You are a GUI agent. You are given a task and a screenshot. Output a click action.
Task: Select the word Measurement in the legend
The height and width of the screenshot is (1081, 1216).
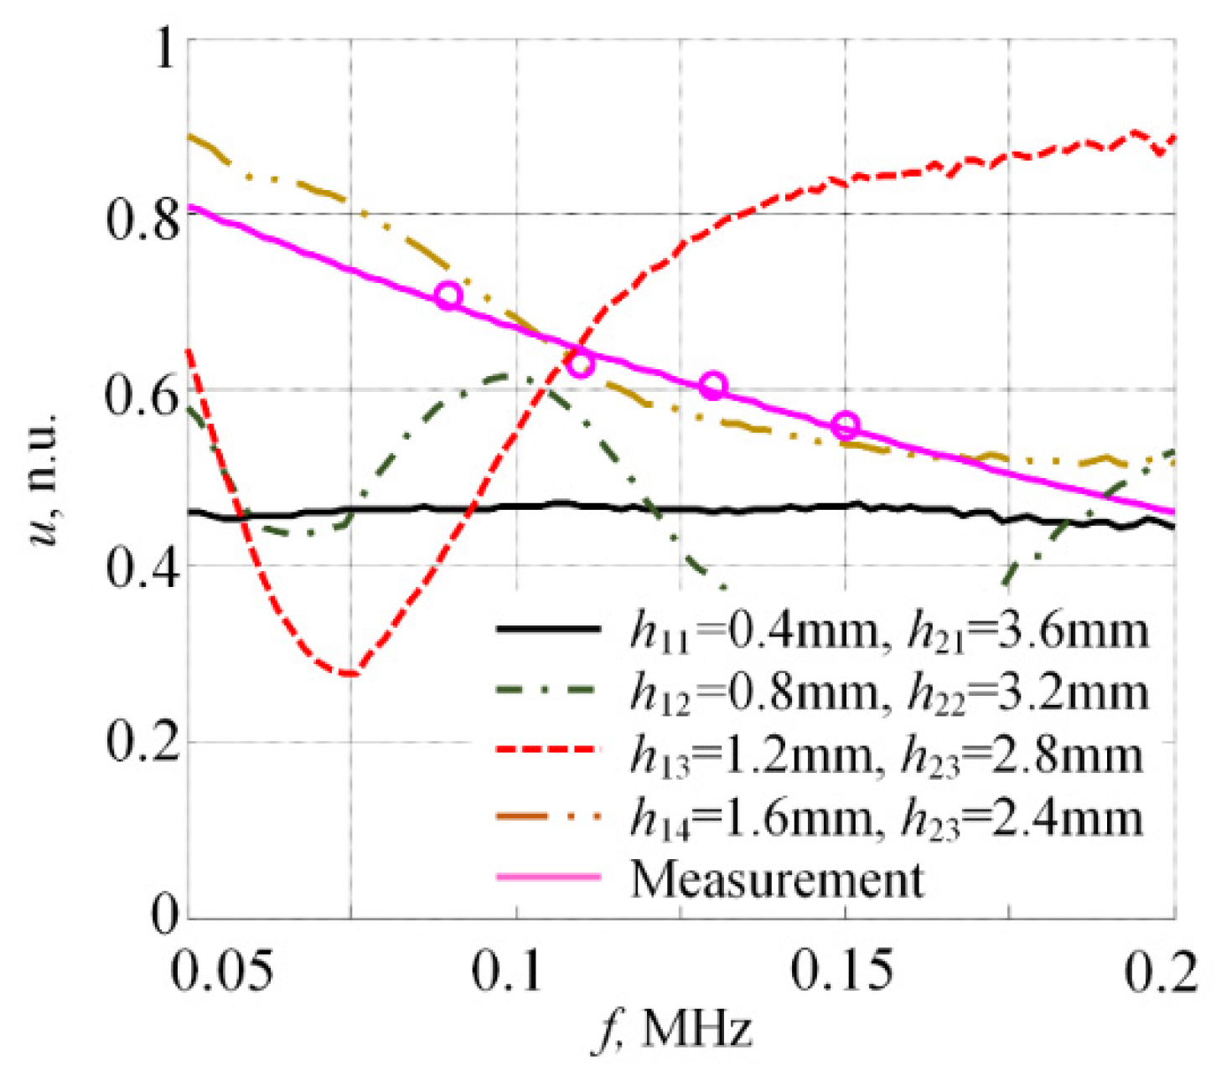click(x=777, y=878)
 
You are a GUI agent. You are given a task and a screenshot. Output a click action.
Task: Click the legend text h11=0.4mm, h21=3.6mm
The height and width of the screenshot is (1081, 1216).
click(x=888, y=631)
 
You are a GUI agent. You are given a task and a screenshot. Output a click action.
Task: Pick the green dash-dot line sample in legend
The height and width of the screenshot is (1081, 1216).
click(x=548, y=689)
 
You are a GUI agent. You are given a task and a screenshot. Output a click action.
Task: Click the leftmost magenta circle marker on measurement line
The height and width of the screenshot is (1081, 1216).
click(x=450, y=296)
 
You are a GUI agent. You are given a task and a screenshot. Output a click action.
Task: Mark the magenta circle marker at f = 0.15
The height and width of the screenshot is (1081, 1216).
click(x=846, y=425)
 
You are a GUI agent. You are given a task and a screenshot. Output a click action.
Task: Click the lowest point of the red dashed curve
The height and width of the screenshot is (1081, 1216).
click(x=350, y=673)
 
